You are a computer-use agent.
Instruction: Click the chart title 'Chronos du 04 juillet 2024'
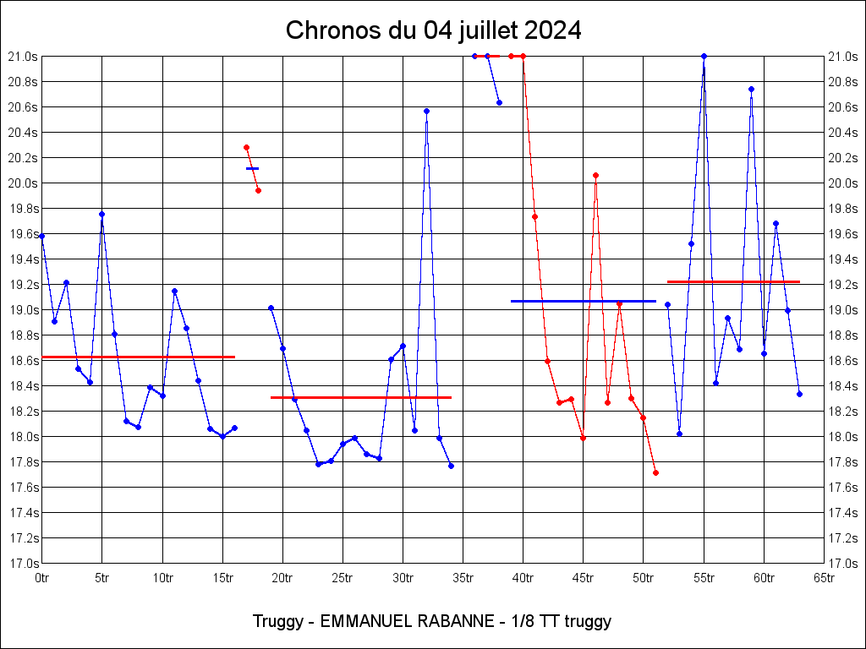[x=433, y=30]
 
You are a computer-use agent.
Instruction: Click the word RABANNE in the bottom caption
[x=455, y=621]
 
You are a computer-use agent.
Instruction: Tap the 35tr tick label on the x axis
[x=463, y=578]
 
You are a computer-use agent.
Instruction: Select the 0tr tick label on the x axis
[x=41, y=578]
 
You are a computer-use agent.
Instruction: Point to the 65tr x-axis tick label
[x=824, y=578]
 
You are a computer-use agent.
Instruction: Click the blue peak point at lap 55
[x=704, y=56]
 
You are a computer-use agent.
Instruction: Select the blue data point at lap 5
[x=101, y=214]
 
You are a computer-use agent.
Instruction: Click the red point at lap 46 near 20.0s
[x=595, y=175]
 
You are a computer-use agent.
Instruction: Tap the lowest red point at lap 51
[x=655, y=472]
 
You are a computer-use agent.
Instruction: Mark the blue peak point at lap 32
[x=426, y=111]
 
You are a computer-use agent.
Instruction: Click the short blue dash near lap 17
[x=252, y=168]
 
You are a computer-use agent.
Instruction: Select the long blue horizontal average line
[x=584, y=301]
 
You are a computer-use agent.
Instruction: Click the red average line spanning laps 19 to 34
[x=360, y=397]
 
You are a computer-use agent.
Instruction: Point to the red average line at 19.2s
[x=733, y=281]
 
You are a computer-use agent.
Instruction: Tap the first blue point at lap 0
[x=41, y=236]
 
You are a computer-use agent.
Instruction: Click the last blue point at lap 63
[x=799, y=394]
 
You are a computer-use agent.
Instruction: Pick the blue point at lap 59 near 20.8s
[x=751, y=89]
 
